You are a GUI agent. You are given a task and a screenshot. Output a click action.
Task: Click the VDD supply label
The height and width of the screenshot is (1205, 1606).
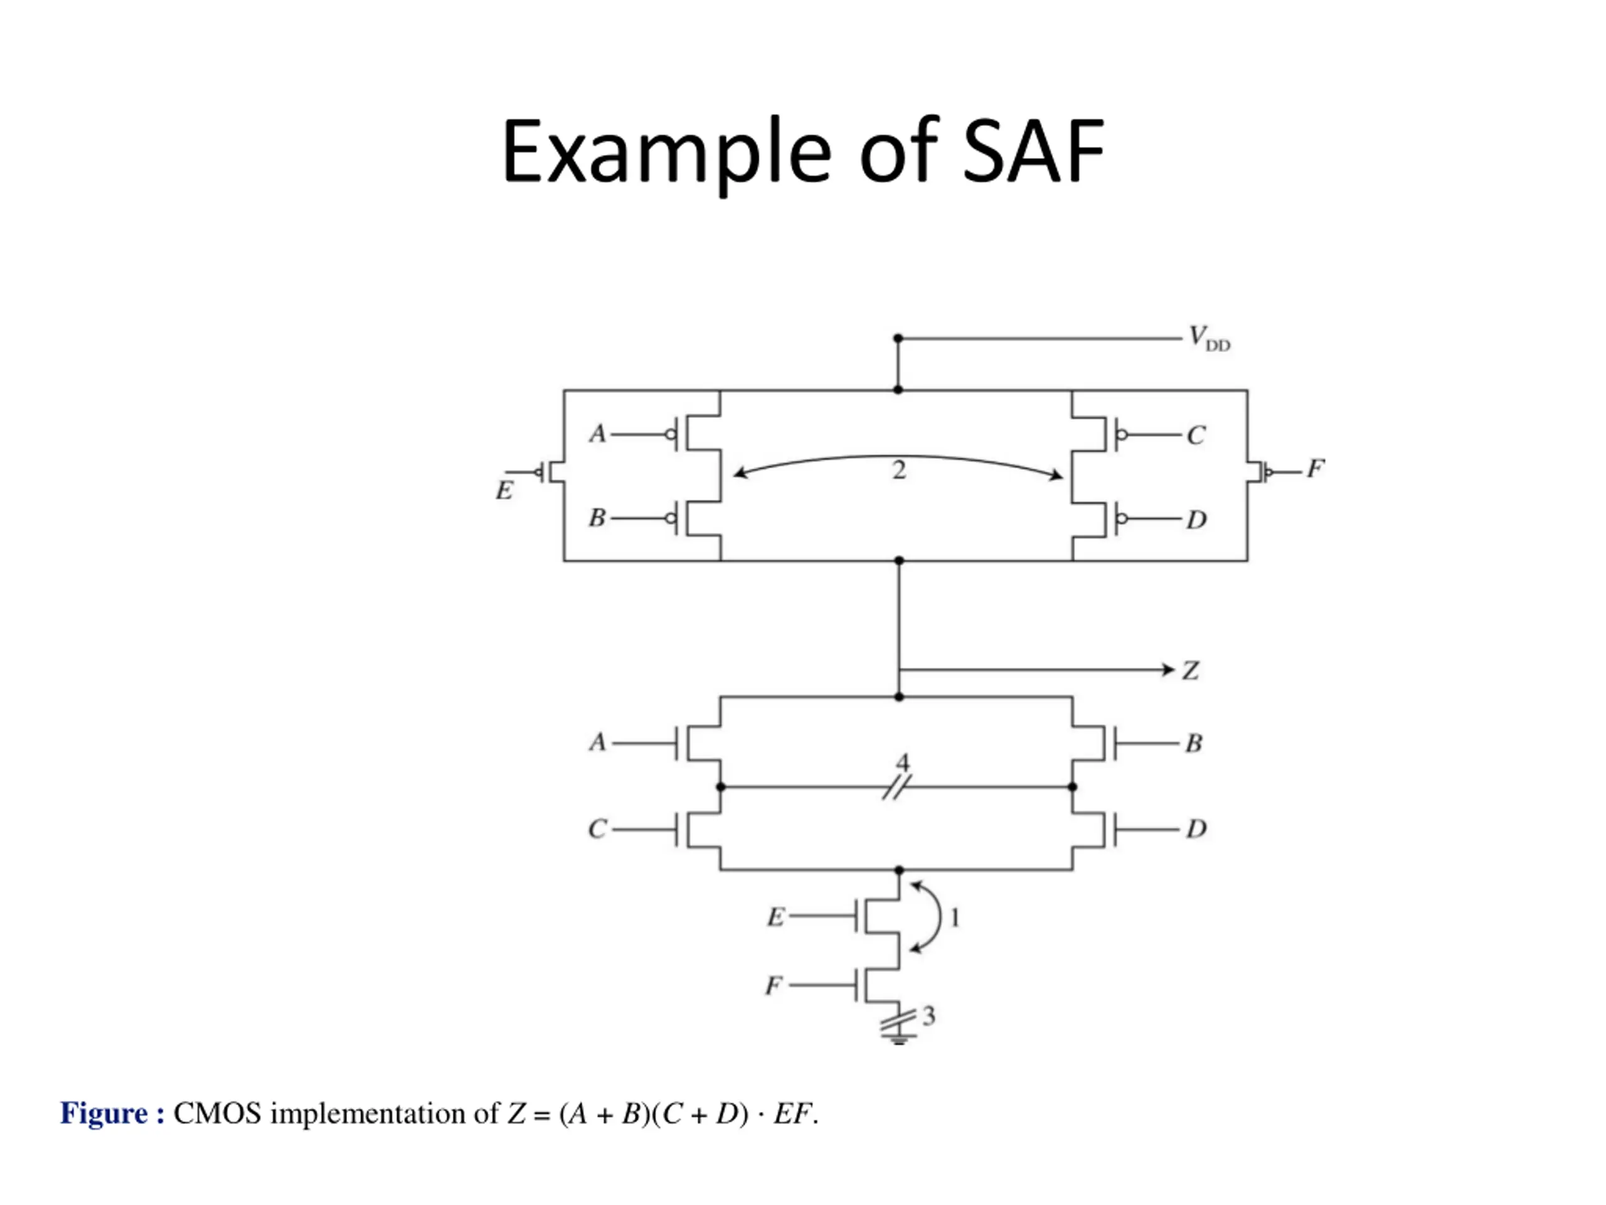(x=1209, y=339)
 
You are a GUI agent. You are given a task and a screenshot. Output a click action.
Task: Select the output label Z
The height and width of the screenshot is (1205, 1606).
(x=1190, y=670)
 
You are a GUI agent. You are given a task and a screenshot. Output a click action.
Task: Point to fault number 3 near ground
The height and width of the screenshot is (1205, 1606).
(x=928, y=1015)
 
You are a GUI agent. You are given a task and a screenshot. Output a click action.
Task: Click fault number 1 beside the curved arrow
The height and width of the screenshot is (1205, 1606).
(x=955, y=919)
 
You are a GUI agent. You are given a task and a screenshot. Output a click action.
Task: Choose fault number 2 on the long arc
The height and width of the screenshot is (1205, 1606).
(x=899, y=471)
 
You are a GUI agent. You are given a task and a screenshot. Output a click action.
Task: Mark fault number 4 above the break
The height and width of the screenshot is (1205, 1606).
(x=903, y=763)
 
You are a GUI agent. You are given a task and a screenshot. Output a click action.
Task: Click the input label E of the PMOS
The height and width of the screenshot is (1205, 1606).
(x=504, y=491)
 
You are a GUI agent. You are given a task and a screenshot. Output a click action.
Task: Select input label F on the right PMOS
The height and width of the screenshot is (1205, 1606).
(x=1315, y=468)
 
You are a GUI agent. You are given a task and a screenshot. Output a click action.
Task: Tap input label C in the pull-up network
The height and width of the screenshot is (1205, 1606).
(x=1196, y=435)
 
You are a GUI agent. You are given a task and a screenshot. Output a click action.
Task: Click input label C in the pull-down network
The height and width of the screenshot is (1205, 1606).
(x=597, y=829)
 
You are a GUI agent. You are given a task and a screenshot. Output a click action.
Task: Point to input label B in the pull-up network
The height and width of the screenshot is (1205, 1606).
(x=597, y=518)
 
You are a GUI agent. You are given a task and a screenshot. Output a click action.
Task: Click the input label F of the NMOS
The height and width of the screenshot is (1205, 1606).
(x=774, y=985)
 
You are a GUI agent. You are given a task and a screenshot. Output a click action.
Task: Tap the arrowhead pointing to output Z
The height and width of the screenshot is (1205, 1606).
(x=1168, y=670)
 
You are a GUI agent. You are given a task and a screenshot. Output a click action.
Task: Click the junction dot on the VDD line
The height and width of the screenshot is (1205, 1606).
(x=898, y=338)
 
